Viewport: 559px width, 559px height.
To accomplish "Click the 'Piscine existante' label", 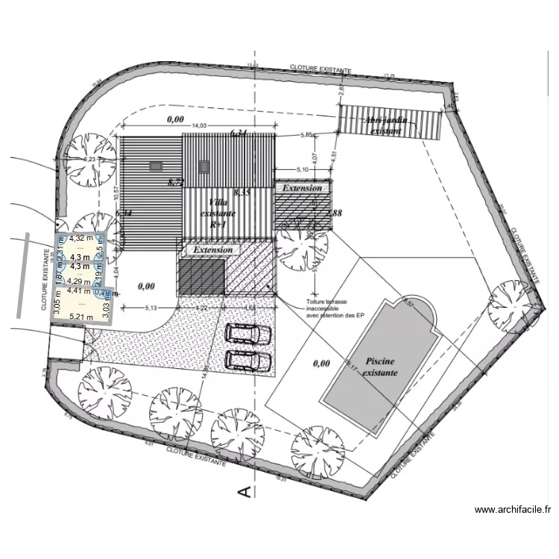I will (x=381, y=364).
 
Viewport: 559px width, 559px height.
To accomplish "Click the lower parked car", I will (x=248, y=360).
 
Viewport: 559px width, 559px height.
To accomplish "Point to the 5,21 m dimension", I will (x=81, y=316).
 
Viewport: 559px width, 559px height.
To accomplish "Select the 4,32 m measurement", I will (x=81, y=239).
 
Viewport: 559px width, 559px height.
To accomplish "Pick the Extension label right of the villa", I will (x=302, y=189).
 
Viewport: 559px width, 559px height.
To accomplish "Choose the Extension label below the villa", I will (x=213, y=250).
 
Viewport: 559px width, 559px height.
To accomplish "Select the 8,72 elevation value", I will (x=175, y=182).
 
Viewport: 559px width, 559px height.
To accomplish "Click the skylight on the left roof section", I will (x=156, y=166).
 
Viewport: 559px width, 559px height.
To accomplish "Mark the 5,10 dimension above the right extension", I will (x=303, y=171).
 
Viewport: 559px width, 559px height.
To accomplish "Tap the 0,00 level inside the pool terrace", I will (x=321, y=364).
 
